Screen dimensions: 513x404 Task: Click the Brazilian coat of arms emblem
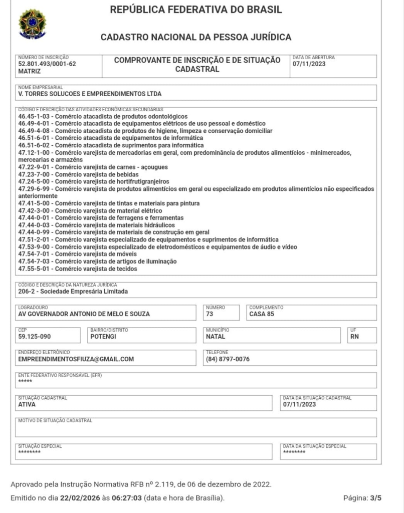pos(32,24)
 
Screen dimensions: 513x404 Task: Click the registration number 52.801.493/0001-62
pos(47,64)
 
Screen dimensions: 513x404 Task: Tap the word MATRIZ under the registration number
pos(30,72)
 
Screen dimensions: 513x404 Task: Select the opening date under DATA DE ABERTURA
pos(310,64)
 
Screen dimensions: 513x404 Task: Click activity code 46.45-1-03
pos(35,116)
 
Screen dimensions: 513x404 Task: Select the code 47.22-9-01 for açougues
pos(35,167)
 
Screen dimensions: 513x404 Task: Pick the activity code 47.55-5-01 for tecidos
pos(35,269)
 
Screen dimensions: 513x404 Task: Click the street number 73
pos(210,314)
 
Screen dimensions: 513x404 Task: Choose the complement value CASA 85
pos(262,314)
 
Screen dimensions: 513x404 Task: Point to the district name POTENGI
pos(103,337)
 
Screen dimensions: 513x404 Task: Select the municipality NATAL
pos(216,337)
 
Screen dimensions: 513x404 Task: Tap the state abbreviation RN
pos(355,337)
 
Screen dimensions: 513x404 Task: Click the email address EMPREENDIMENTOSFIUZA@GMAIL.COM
pos(76,359)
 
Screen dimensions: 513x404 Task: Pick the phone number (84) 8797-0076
pos(228,359)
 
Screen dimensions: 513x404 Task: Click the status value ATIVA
pos(27,404)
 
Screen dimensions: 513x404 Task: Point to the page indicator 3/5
pos(376,498)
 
